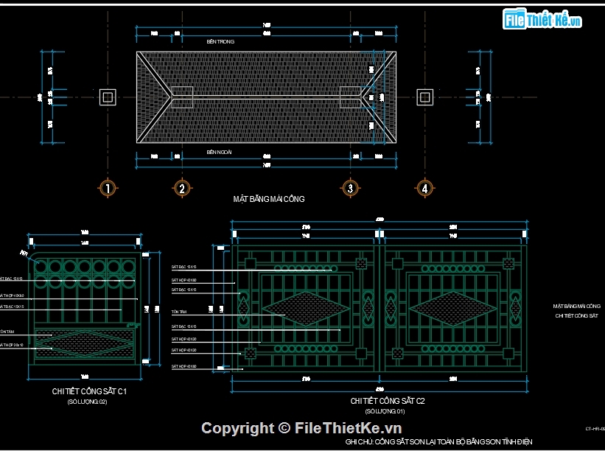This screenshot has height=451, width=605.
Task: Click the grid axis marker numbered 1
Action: point(108,188)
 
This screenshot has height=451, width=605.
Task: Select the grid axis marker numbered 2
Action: point(182,188)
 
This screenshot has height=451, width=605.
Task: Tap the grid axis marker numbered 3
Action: point(351,188)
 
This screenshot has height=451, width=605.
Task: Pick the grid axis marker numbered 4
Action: point(424,188)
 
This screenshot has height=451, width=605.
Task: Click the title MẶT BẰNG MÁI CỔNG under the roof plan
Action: point(269,199)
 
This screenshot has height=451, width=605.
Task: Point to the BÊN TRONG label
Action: point(220,42)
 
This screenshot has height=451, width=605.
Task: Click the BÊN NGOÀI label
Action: point(220,152)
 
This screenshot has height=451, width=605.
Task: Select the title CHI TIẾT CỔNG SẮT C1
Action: point(90,391)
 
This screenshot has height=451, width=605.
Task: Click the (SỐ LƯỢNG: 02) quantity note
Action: point(88,402)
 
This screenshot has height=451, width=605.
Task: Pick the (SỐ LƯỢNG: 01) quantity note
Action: point(385,411)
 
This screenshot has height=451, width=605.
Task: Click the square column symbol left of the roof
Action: point(108,97)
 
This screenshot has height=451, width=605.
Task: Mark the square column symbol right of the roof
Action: point(424,97)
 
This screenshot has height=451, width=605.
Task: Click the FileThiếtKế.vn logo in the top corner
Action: point(542,20)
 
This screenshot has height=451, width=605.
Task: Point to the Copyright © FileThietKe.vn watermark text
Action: point(301,428)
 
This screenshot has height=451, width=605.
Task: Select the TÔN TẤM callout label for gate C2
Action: point(178,312)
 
